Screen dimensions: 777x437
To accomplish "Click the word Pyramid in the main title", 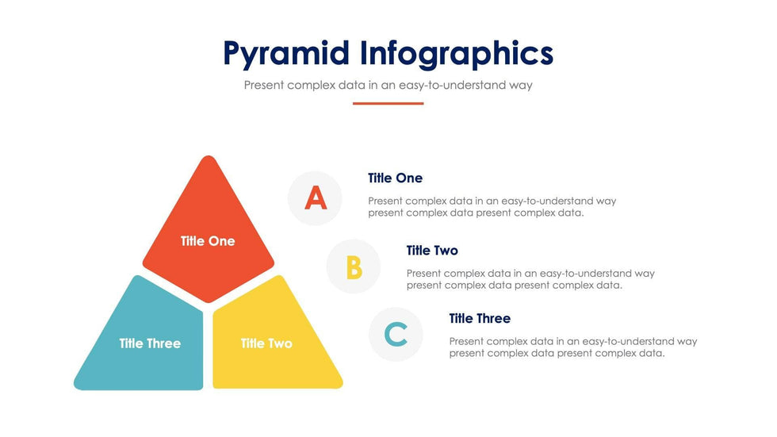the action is [x=286, y=54].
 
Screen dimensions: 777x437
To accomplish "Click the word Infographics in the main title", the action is [x=457, y=54].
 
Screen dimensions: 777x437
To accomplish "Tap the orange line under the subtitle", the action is [x=388, y=104].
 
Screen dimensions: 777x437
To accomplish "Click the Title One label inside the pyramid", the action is [x=208, y=241].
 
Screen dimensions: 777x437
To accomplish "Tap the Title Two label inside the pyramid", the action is [x=266, y=343].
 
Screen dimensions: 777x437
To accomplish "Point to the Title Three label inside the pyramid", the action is [x=150, y=343].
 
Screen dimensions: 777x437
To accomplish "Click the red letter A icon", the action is [x=316, y=198].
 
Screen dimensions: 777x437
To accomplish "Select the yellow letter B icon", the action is [x=354, y=267].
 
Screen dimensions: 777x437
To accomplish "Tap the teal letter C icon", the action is [x=396, y=334].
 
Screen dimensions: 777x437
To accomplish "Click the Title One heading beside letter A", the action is [x=395, y=178].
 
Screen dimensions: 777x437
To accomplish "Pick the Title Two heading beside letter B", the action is [x=432, y=250].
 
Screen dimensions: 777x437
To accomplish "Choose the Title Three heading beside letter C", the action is [x=480, y=318].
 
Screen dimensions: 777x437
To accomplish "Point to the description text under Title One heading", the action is [x=492, y=207].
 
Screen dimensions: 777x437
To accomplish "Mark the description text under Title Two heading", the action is [x=530, y=279].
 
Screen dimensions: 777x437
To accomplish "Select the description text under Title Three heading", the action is [x=573, y=347].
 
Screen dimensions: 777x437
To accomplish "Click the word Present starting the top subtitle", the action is [x=263, y=85].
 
